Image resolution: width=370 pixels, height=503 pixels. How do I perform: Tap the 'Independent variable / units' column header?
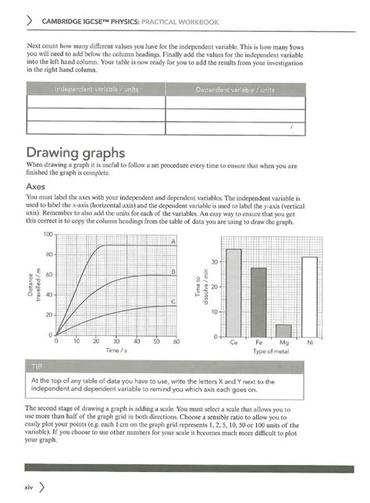coord(96,89)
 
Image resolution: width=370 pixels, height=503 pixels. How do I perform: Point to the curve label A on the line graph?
coord(173,242)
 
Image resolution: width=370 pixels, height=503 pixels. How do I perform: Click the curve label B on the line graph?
coord(173,271)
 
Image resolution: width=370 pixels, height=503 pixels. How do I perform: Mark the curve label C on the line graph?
coord(173,301)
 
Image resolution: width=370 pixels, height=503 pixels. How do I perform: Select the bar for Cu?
coord(233,292)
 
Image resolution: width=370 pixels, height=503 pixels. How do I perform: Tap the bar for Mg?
coord(283,330)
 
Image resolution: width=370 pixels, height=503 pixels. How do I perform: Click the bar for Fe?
coord(258,302)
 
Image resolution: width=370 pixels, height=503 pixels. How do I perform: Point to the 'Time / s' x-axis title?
coord(117,352)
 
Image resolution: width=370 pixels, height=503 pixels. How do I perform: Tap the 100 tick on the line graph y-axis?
coord(46,235)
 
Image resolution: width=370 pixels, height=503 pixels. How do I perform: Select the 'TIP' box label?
coord(38,366)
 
